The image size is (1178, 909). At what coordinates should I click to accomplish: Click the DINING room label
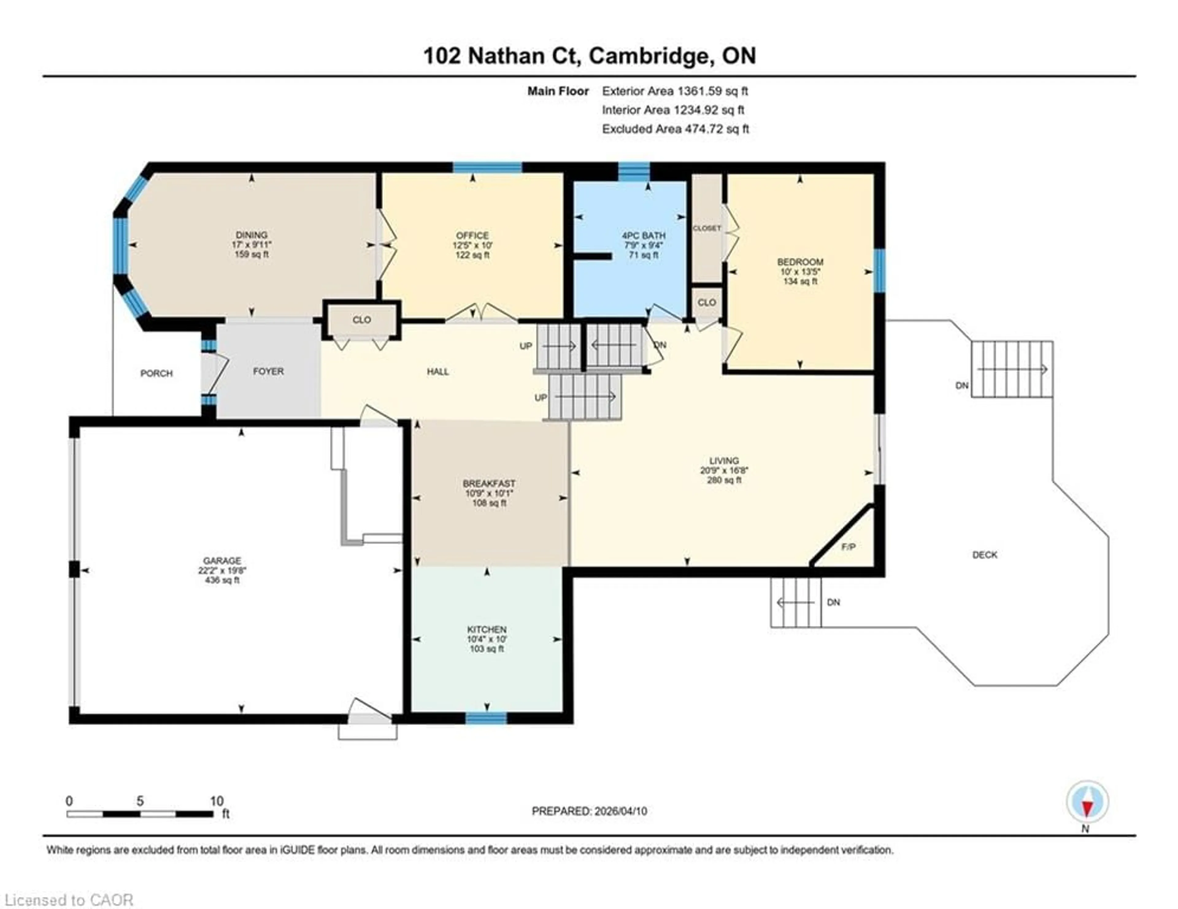251,235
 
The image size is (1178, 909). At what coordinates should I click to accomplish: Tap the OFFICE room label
472,236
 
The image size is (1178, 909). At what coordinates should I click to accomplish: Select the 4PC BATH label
644,236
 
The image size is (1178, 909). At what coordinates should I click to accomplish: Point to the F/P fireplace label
849,547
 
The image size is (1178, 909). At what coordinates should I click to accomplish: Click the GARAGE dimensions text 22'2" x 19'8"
222,570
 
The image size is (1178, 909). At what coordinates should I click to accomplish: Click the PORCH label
156,373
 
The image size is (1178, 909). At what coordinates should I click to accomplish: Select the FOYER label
268,371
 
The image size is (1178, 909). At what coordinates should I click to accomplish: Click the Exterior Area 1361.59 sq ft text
675,91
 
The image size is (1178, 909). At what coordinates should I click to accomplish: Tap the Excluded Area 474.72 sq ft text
675,129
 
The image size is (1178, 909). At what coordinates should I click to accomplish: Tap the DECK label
985,555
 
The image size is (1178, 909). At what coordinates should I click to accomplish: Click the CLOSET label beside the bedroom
706,228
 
